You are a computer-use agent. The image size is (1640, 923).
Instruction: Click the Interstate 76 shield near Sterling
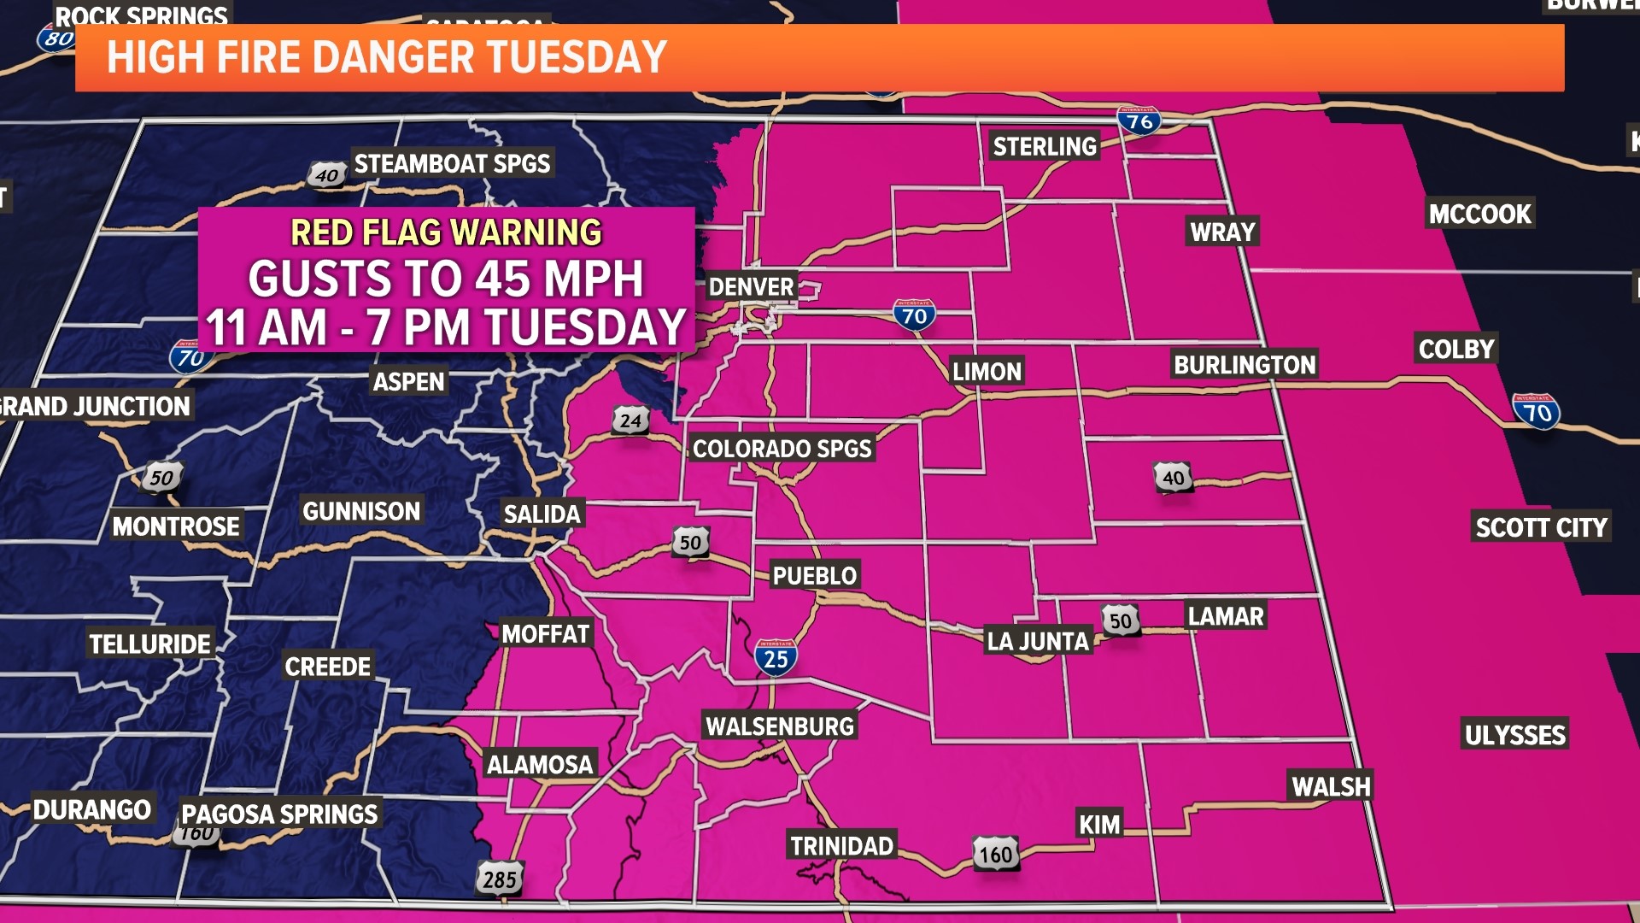[1139, 121]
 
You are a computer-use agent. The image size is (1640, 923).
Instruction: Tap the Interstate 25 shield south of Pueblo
[776, 658]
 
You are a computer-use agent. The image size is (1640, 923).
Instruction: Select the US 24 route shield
[630, 420]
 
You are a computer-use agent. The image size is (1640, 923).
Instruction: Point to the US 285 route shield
[500, 879]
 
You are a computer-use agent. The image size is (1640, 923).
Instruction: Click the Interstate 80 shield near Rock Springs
[56, 38]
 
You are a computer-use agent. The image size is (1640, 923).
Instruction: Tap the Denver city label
[752, 286]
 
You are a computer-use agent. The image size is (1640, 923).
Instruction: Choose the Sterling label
[1045, 146]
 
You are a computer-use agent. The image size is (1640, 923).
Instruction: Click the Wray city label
[1222, 232]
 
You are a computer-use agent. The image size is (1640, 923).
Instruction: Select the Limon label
[987, 372]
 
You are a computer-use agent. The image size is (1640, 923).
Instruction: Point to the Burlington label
[1245, 365]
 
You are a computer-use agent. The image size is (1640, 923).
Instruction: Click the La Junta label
[1038, 641]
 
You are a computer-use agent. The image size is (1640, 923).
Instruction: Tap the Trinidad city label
[841, 846]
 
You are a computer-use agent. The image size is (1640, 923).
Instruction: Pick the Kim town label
[1099, 825]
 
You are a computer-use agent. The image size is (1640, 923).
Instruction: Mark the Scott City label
[1541, 527]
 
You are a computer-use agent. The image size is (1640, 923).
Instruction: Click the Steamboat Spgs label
[452, 163]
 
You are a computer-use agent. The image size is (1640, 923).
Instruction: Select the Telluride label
[150, 644]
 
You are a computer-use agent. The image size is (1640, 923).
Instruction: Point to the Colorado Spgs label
[782, 449]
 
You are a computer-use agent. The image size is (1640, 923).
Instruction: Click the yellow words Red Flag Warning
[446, 232]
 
